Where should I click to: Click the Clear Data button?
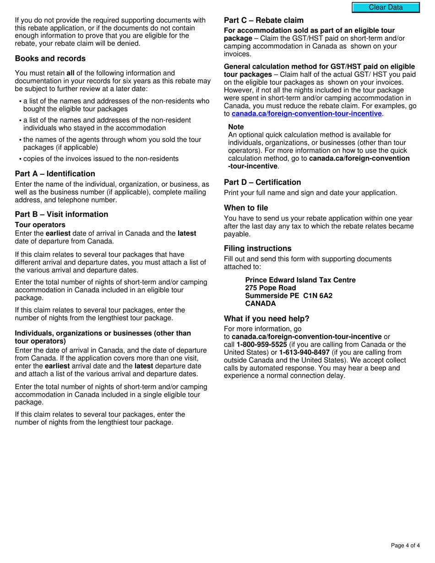[386, 7]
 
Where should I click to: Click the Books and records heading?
[50, 59]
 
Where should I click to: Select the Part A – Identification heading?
[55, 174]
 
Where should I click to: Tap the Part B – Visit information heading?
[61, 214]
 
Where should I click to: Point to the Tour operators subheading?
[40, 225]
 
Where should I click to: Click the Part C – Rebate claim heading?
[264, 21]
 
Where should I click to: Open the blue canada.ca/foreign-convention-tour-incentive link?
[306, 114]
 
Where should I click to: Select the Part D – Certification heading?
[262, 182]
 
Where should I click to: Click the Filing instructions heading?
[257, 249]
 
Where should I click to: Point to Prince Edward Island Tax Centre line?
[300, 280]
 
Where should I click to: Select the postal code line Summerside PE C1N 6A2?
[288, 296]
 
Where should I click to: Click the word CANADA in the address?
[261, 303]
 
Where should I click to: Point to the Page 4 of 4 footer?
[405, 545]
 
